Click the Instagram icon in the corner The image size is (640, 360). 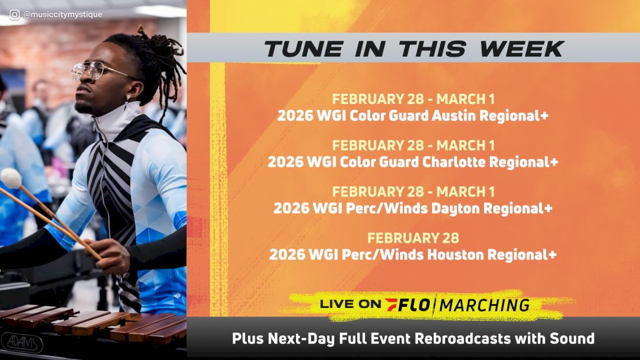pos(15,15)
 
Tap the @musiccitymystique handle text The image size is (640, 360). pos(63,15)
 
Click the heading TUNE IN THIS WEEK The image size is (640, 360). pos(414,49)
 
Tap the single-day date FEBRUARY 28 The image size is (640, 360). pos(413,238)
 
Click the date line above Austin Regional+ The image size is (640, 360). pos(413,99)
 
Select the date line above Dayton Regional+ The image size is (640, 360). pos(413,192)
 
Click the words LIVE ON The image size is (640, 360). pos(350,305)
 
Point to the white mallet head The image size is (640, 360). pos(11,178)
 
